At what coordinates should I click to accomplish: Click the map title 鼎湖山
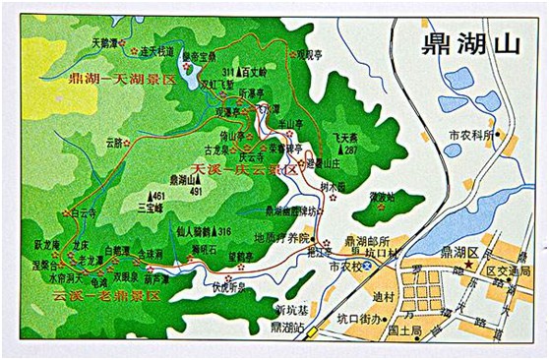455,43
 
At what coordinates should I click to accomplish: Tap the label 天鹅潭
110,43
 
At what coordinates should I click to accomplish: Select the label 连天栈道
158,51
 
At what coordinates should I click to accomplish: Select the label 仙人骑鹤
185,231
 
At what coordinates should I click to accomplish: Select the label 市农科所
470,134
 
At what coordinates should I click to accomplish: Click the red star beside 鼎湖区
470,266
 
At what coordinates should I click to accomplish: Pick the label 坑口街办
357,318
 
